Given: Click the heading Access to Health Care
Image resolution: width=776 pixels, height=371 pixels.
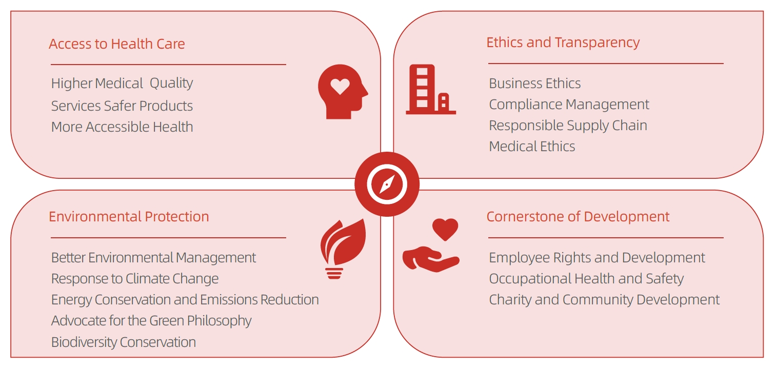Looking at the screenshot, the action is point(117,44).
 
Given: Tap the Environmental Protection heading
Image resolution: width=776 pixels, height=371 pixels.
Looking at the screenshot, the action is point(129,217).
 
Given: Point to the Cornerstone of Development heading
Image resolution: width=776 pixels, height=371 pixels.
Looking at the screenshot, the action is point(578,217).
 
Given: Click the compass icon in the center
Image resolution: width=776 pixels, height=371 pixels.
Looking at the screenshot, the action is point(387,184).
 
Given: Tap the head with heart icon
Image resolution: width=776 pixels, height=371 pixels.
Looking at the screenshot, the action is point(343,92).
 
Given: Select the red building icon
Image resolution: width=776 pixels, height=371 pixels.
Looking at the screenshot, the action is point(431,89).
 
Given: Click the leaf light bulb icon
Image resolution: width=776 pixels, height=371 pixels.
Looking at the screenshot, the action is point(343,249).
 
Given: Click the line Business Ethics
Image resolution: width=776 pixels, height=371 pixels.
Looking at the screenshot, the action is point(534,84).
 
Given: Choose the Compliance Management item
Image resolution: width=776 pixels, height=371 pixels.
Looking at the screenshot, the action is point(569,105).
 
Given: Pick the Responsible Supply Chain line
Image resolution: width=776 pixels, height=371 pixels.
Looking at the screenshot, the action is point(568,126).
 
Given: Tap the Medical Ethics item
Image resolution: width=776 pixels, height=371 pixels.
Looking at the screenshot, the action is point(532,147).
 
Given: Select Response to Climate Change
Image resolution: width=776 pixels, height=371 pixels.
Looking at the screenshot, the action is point(135,279).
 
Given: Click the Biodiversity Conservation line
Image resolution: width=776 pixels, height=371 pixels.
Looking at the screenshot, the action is point(123,342).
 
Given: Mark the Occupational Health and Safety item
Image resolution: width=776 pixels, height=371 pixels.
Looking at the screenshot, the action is point(586,279).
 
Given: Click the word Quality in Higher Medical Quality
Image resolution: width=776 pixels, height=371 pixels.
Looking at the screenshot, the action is point(171,84).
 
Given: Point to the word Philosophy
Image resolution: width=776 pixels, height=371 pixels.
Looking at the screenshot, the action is point(219,321).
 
